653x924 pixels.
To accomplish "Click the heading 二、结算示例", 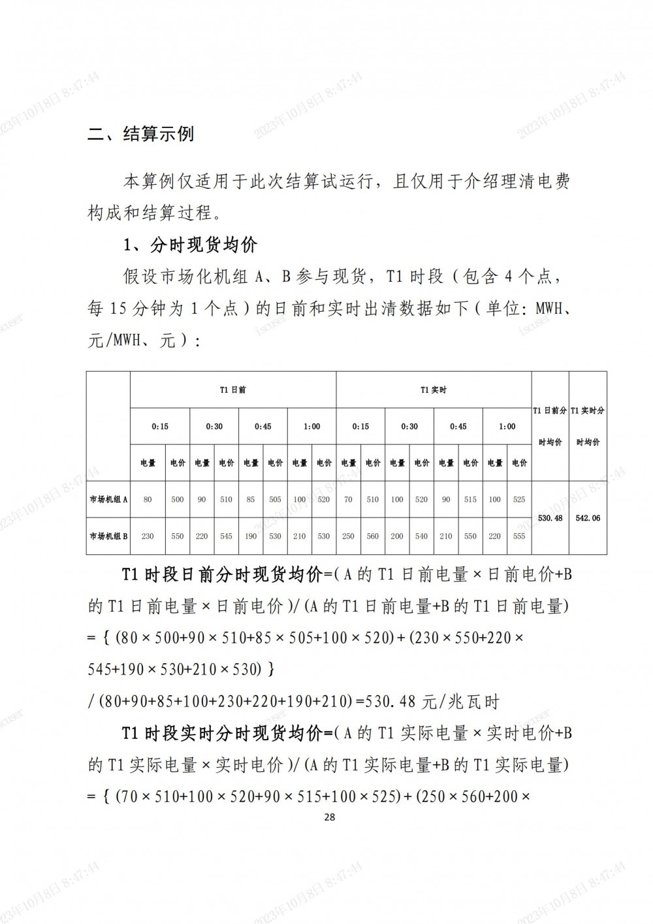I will click(x=140, y=135).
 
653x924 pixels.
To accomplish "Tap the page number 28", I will click(x=329, y=817).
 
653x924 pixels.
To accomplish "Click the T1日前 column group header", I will click(x=233, y=390).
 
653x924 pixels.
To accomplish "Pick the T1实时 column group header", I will click(x=434, y=390).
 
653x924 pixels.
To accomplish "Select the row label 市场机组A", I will click(x=108, y=499).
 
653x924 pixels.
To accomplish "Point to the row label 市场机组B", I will click(x=108, y=536).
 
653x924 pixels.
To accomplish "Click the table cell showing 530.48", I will click(x=550, y=518).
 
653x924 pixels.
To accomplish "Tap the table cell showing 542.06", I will click(x=588, y=518).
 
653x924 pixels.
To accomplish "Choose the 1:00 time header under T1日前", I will click(x=312, y=427).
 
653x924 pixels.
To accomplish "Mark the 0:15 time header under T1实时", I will click(x=360, y=427).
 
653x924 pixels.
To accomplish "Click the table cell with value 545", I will click(x=227, y=536).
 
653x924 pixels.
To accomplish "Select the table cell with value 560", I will click(x=373, y=536).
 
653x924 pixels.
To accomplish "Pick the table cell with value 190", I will click(x=251, y=536).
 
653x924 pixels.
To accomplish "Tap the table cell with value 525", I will click(x=519, y=499).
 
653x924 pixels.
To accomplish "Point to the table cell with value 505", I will click(x=275, y=499).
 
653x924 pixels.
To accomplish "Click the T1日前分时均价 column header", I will click(x=550, y=426).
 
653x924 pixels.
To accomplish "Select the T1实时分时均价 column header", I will click(x=588, y=426).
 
